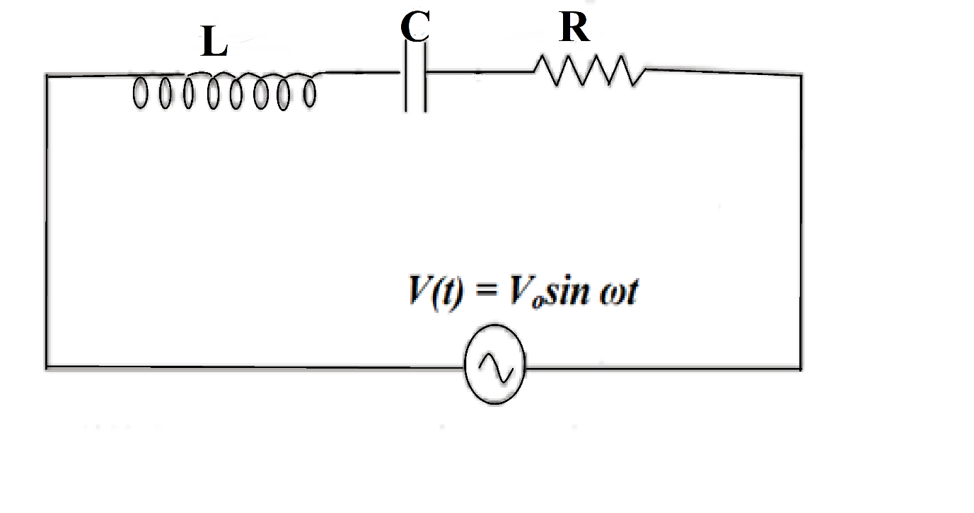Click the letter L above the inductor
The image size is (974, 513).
coord(214,45)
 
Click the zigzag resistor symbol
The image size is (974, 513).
coord(589,71)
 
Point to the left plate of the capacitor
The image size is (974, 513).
coord(406,76)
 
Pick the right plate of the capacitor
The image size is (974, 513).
coord(425,76)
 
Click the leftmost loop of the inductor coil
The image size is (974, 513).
coord(140,93)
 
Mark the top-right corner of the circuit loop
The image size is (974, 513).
coord(801,74)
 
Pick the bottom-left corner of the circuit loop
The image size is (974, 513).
coord(47,367)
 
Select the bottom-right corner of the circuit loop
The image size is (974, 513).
coord(801,368)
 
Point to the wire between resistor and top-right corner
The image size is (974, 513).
coord(721,71)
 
